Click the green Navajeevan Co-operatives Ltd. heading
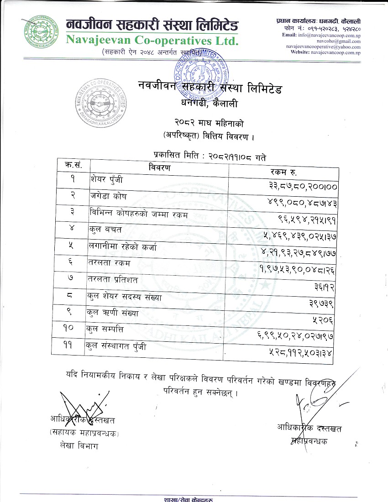pyautogui.click(x=152, y=40)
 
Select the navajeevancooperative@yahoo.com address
pyautogui.click(x=324, y=47)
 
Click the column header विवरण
pyautogui.click(x=159, y=168)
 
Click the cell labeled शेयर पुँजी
pyautogui.click(x=107, y=180)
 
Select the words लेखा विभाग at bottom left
pyautogui.click(x=75, y=446)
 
